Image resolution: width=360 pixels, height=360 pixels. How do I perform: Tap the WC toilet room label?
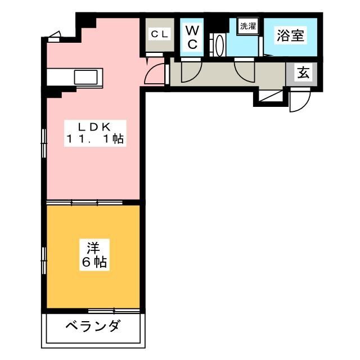192,37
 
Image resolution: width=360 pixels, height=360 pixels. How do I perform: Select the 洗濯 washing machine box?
247,26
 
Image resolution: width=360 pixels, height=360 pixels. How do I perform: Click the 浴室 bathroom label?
290,35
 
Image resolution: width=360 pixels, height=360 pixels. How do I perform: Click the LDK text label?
93,126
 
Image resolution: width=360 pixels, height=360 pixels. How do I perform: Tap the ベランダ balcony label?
92,326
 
